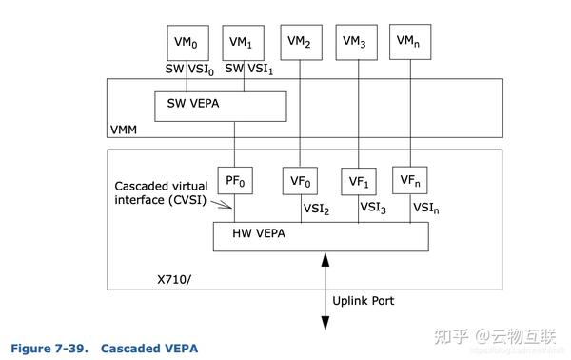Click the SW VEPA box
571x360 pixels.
[x=220, y=106]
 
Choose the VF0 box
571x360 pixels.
[x=301, y=180]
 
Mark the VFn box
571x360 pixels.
[x=410, y=180]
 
